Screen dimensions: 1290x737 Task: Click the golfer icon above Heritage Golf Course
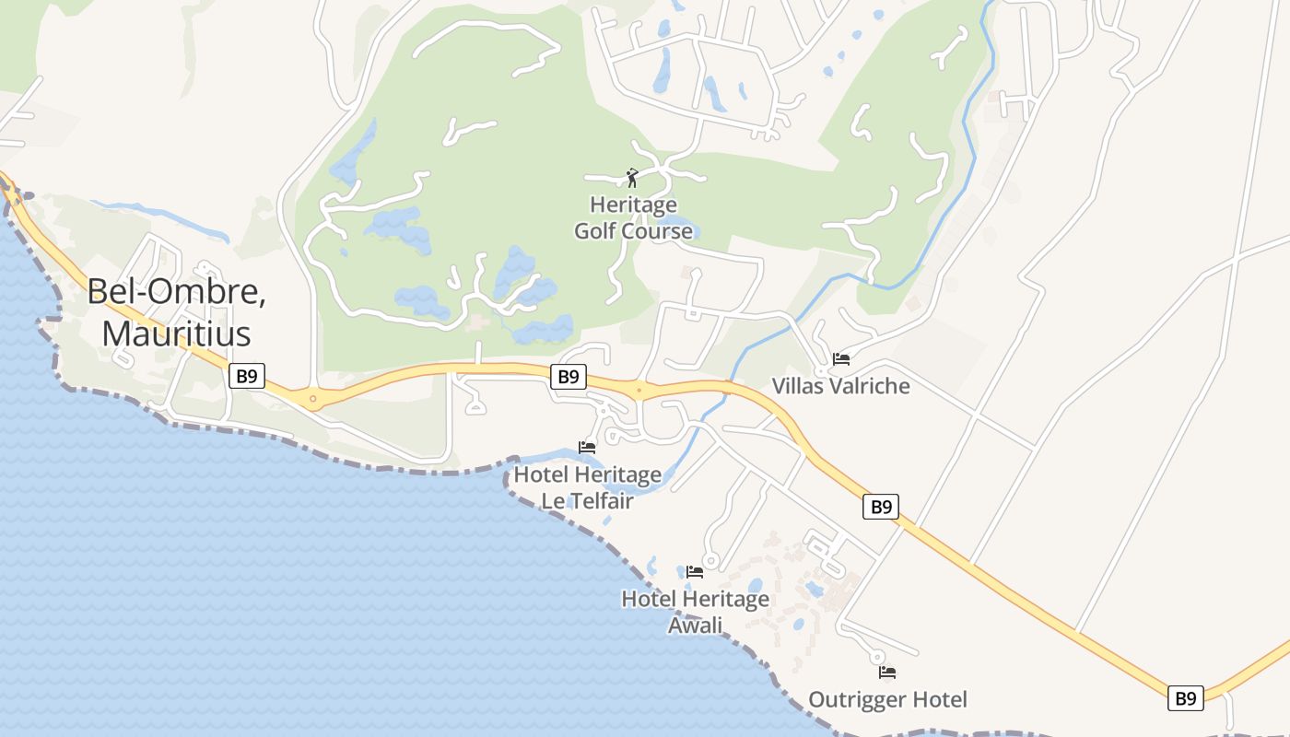632,177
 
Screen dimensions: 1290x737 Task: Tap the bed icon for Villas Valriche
840,358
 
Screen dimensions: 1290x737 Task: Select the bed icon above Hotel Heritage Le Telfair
587,448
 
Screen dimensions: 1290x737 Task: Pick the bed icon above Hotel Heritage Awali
695,572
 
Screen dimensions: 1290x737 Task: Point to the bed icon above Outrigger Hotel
887,673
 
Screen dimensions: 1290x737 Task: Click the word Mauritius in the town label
176,333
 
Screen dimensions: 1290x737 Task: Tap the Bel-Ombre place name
176,292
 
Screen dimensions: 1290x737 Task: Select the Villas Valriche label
840,386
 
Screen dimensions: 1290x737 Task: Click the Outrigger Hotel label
887,700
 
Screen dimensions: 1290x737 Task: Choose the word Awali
695,626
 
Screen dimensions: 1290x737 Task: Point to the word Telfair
600,501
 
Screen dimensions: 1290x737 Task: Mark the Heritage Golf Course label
633,217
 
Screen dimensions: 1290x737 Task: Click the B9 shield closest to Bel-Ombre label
247,376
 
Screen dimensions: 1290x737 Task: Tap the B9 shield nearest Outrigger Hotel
1185,698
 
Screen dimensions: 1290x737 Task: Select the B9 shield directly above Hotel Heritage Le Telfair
569,376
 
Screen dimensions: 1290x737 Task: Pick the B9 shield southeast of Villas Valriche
881,506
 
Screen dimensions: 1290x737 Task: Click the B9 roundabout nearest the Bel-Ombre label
313,399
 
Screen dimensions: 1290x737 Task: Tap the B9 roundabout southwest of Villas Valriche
639,391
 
